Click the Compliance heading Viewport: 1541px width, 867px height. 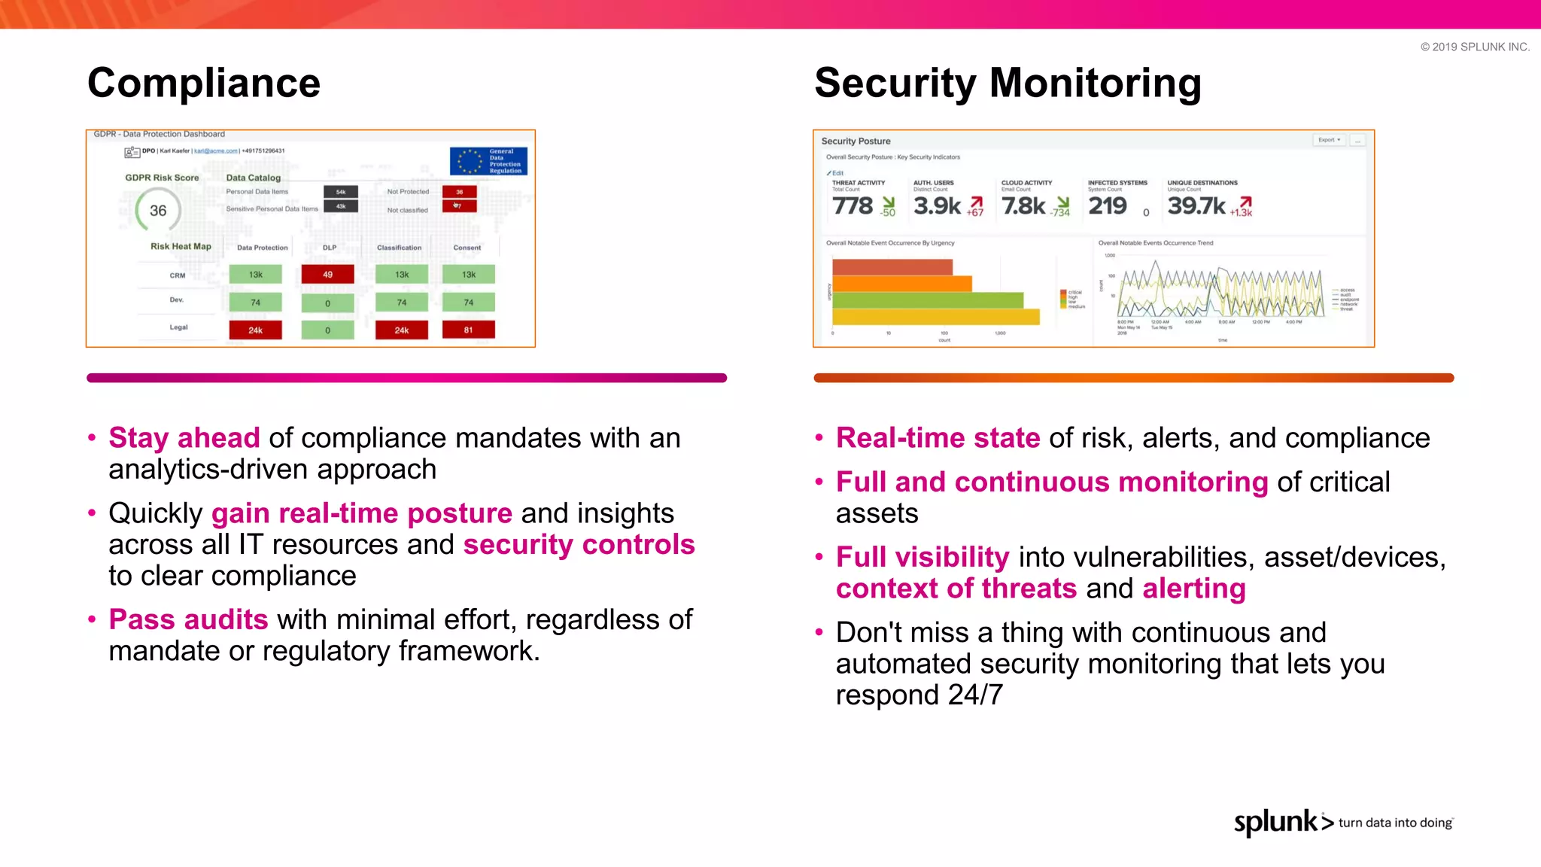pyautogui.click(x=203, y=83)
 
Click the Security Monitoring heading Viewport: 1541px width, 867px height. pyautogui.click(x=1008, y=83)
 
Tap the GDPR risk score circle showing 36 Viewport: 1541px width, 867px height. pyautogui.click(x=158, y=211)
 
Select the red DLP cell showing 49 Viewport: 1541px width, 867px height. pyautogui.click(x=327, y=275)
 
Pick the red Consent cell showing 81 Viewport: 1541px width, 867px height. pyautogui.click(x=468, y=330)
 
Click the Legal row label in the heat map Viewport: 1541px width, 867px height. pyautogui.click(x=178, y=327)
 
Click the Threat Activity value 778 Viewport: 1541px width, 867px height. pyautogui.click(x=853, y=205)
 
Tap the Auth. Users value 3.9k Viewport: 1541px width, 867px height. pyautogui.click(x=937, y=205)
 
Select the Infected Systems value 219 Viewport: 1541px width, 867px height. pyautogui.click(x=1107, y=205)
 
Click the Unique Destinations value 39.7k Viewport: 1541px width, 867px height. pyautogui.click(x=1196, y=205)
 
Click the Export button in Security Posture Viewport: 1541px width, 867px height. pyautogui.click(x=1329, y=140)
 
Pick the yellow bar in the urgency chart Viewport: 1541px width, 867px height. pyautogui.click(x=935, y=317)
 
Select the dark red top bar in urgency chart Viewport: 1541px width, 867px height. pyautogui.click(x=892, y=266)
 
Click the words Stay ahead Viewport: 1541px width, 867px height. pyautogui.click(x=184, y=438)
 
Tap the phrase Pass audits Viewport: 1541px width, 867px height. pyautogui.click(x=188, y=619)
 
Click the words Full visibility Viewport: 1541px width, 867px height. pyautogui.click(x=922, y=557)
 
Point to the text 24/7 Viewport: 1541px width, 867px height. pyautogui.click(x=975, y=695)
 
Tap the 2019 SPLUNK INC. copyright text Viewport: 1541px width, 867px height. pyautogui.click(x=1475, y=47)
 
